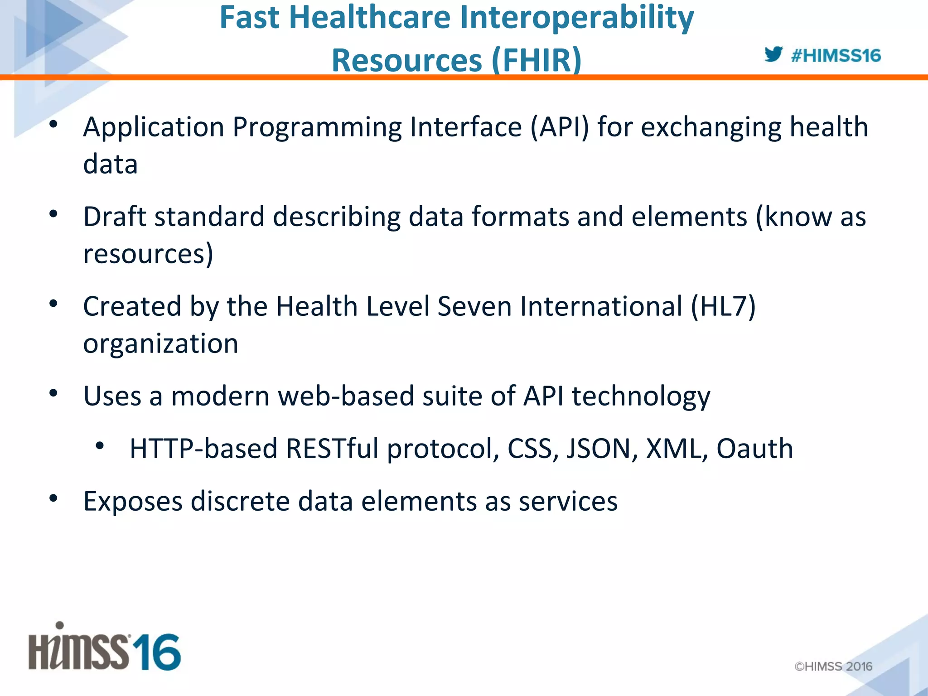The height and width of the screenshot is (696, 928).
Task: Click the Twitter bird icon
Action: coord(773,54)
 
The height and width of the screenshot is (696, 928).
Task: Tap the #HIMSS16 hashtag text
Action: coord(836,56)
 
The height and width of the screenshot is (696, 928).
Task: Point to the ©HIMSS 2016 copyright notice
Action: coord(833,666)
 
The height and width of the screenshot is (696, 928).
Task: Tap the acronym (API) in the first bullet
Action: coord(560,127)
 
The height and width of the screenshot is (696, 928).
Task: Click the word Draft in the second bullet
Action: coord(115,216)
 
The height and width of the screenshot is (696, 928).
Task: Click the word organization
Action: coord(160,344)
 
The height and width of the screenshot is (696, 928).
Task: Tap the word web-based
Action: coord(346,396)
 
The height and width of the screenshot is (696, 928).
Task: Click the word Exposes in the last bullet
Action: coord(133,501)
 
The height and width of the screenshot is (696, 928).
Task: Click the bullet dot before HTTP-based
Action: coord(100,446)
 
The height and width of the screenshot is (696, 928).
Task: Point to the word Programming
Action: coord(317,127)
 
